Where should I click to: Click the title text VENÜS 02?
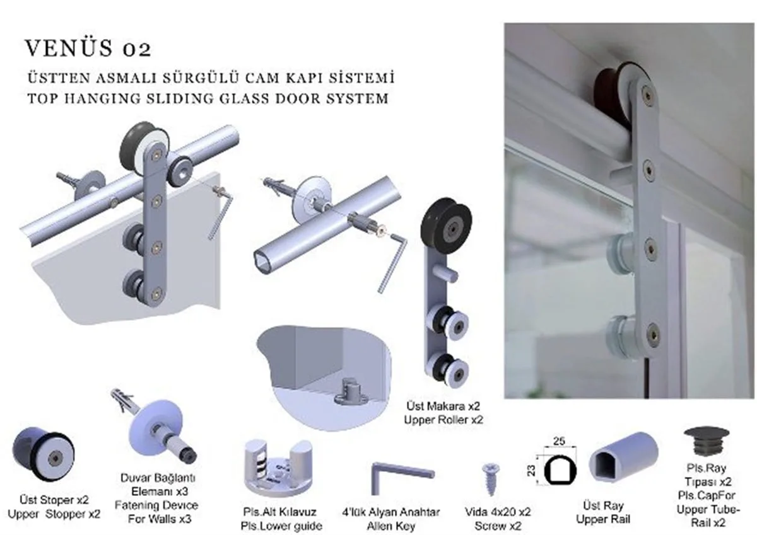(88, 49)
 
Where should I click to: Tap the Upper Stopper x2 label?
(54, 514)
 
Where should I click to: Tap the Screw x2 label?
(497, 526)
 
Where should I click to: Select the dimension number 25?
(558, 442)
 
